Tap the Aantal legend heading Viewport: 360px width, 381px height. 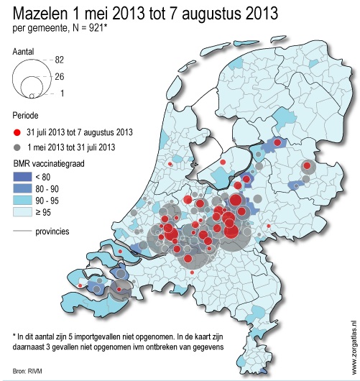pyautogui.click(x=24, y=52)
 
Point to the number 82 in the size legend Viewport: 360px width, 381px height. pyautogui.click(x=60, y=60)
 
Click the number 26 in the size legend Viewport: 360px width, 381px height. pyautogui.click(x=60, y=76)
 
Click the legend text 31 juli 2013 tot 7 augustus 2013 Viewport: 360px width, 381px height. pyautogui.click(x=80, y=132)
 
